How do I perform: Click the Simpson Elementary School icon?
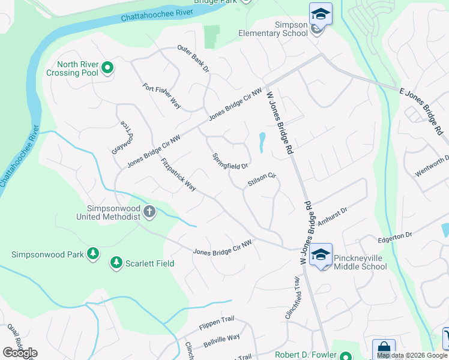321,13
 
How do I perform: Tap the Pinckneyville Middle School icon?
321,254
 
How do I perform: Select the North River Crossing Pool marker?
107,68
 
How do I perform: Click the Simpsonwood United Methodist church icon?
149,212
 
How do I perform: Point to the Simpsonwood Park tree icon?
92,254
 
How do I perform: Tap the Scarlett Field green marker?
115,263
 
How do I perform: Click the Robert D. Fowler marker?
344,355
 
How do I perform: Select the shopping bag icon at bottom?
383,350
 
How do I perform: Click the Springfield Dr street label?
231,161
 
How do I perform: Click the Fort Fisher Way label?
162,95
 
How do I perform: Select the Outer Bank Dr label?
193,59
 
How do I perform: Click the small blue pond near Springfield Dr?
262,142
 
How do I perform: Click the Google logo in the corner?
20,352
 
